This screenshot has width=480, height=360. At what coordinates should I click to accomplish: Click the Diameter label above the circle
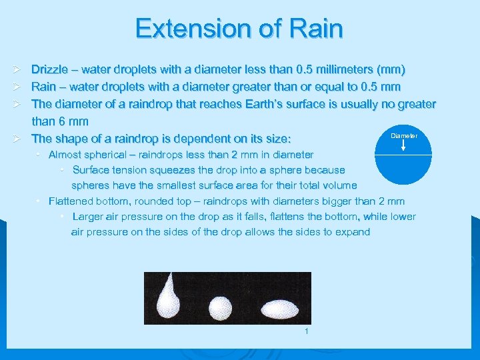404,135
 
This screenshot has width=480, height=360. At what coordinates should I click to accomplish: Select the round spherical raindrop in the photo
220,308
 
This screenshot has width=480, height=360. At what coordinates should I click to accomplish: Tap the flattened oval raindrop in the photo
279,309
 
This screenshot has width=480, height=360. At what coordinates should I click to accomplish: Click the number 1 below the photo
305,332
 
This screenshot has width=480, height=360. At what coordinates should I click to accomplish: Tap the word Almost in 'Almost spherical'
65,155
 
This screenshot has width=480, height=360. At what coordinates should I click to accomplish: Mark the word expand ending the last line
352,232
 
